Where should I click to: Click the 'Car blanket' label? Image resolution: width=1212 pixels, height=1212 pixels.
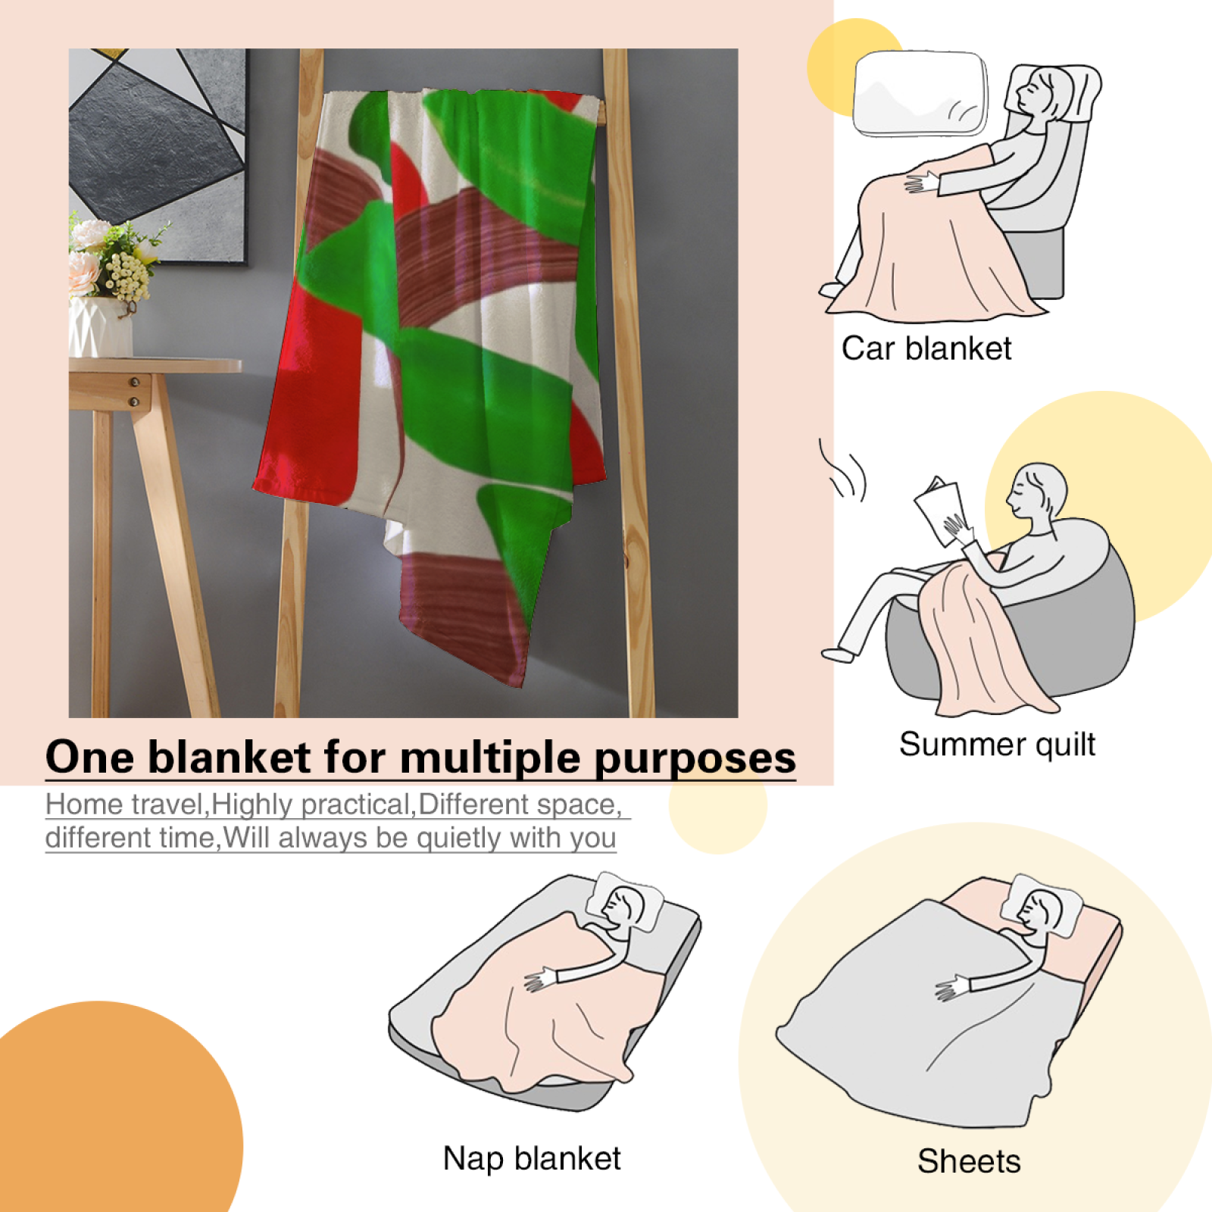[926, 349]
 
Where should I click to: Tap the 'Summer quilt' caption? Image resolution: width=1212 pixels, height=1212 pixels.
[997, 745]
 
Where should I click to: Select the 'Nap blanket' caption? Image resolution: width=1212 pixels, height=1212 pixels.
[532, 1158]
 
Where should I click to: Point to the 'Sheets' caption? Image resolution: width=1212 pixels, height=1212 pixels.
[969, 1161]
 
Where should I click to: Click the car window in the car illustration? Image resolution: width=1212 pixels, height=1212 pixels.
[920, 94]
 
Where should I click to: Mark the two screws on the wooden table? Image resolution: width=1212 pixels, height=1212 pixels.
[134, 392]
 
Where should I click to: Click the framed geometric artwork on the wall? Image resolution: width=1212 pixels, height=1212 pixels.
[158, 156]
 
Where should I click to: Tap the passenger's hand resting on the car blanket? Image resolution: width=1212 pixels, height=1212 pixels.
[922, 183]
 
